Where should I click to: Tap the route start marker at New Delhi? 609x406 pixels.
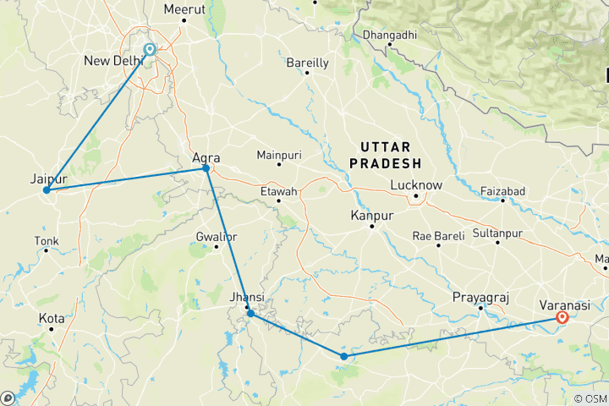tap(150, 50)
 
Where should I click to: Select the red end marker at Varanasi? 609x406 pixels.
tap(562, 318)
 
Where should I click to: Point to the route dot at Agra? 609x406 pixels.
tap(206, 169)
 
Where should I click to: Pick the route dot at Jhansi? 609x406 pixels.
tap(250, 314)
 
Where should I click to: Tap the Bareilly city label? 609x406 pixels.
tap(308, 62)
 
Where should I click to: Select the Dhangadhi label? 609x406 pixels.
tap(390, 36)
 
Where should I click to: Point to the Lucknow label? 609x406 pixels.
tap(416, 185)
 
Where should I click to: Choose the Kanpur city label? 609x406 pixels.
tap(372, 217)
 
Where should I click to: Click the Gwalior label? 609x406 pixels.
tap(216, 236)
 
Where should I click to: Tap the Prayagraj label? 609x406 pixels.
tap(480, 298)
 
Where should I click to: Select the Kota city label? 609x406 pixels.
tap(52, 318)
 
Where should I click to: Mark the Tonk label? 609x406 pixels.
tap(47, 242)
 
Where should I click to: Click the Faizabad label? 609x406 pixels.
tap(502, 191)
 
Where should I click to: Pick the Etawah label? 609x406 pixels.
tap(278, 192)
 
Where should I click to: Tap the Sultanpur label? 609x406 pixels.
tap(497, 233)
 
